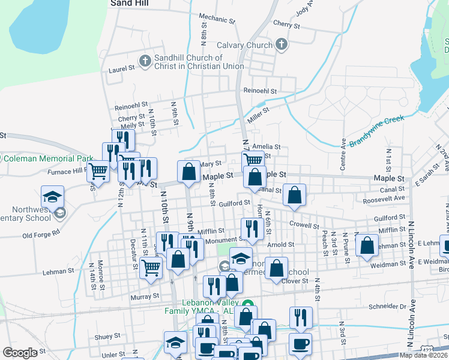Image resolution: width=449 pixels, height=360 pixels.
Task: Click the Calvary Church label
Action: (x=244, y=45)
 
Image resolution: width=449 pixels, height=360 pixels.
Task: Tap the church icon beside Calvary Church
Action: (x=281, y=44)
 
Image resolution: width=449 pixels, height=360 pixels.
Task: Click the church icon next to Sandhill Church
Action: (x=144, y=61)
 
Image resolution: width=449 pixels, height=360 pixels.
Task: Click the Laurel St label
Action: (x=122, y=69)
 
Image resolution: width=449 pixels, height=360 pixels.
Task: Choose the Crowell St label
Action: (x=303, y=226)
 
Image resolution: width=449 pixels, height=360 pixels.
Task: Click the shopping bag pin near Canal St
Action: (x=294, y=196)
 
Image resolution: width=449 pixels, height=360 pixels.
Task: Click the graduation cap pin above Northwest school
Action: (x=52, y=196)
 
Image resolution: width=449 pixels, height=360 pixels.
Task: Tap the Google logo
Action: (x=20, y=353)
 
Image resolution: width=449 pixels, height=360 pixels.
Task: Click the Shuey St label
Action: (x=107, y=337)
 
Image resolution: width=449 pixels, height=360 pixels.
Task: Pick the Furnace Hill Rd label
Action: (x=68, y=171)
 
